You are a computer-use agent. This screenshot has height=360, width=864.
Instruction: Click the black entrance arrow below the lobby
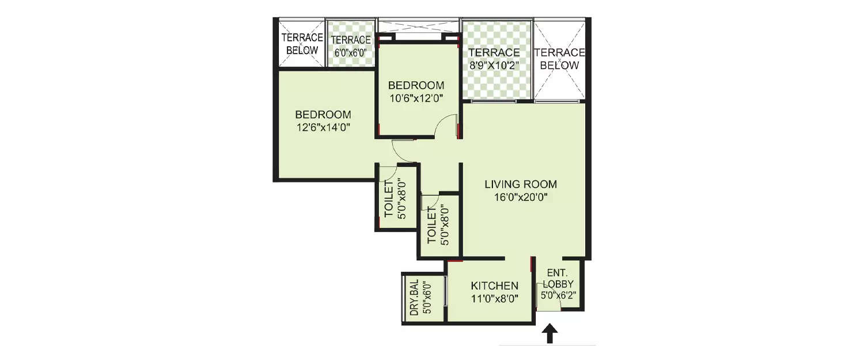[550, 334]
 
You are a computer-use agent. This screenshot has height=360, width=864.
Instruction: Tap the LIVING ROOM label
[520, 185]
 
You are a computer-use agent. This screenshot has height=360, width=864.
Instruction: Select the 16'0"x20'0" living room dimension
[520, 198]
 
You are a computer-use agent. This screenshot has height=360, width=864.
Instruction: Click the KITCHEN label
[494, 286]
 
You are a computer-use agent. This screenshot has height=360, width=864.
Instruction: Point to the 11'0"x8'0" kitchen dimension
[494, 298]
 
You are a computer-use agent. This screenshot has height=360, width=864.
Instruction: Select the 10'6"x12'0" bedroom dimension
[416, 98]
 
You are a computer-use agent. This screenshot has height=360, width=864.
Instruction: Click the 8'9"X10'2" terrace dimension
[494, 65]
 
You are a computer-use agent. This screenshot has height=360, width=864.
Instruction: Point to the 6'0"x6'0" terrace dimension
[350, 52]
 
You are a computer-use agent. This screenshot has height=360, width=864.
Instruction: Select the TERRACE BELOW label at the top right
[560, 59]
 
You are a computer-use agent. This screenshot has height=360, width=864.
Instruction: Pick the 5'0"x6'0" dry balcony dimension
[427, 297]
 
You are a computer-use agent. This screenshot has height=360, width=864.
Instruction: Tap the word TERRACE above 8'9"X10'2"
[494, 53]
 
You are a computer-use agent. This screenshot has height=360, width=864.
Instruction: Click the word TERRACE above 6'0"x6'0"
[350, 40]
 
